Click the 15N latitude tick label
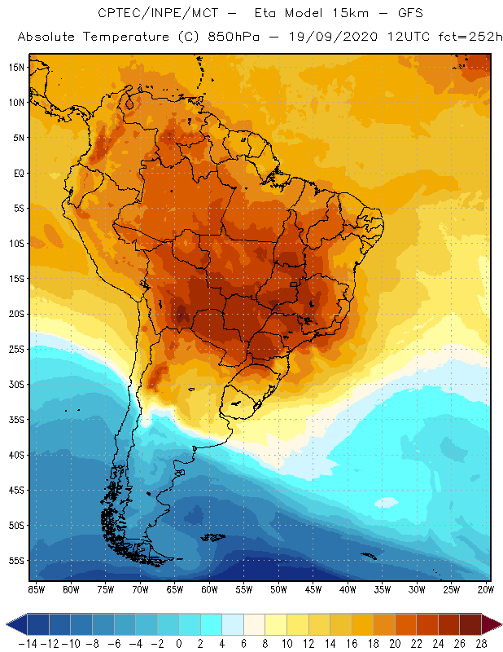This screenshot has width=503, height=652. pos(17,67)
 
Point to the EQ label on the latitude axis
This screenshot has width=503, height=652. pos(17,173)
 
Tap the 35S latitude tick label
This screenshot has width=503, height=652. pos(17,420)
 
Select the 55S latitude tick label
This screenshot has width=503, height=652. pos(17,561)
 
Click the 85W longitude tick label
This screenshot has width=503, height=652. pos(36,588)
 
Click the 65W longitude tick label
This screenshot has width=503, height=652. pos(174,588)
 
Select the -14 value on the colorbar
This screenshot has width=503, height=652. pos(28,644)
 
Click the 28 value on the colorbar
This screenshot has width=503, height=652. pos(481,644)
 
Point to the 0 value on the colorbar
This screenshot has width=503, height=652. pos(178,644)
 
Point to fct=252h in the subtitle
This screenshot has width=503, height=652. pos(468,37)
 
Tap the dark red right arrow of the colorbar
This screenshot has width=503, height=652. pos(492,624)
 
